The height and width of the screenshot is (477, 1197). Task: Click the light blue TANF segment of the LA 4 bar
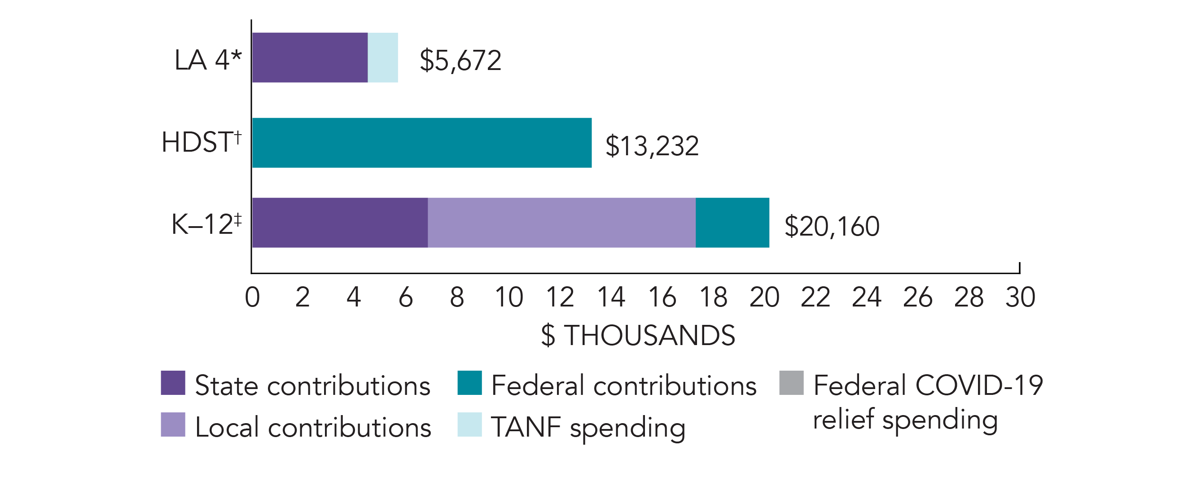pos(382,57)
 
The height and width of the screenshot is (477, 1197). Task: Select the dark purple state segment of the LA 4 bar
pos(310,57)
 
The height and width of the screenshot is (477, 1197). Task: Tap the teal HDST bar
pos(422,143)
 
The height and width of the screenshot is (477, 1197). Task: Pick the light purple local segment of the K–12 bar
pos(561,223)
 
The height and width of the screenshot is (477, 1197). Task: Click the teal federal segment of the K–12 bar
pos(732,223)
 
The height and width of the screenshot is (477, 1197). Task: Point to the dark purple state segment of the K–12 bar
pos(340,223)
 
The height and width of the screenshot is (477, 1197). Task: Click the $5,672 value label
pos(460,61)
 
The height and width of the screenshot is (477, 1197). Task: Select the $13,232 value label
pos(652,146)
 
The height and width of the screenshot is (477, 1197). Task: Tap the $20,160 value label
pos(832,227)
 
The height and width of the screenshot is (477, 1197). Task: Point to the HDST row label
pos(201,142)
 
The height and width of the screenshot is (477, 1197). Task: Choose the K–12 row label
pos(206,224)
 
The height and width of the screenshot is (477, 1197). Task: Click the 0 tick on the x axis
pos(252,297)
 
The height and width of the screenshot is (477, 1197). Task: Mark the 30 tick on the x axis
pos(1020,297)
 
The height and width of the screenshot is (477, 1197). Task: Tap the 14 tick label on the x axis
pos(610,297)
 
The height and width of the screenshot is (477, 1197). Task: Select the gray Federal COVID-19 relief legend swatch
pos(791,383)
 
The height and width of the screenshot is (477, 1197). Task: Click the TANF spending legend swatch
pos(469,424)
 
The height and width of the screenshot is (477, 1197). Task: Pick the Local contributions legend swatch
pos(173,424)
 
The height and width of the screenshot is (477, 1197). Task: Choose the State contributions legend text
pos(312,385)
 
